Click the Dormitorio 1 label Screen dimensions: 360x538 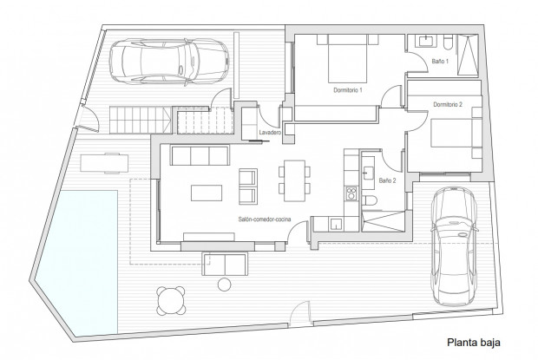point(347,90)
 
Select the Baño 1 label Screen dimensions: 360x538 point(439,62)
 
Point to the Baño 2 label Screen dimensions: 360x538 point(387,180)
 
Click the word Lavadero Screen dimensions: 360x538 point(270,132)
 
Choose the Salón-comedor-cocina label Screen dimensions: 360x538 point(265,221)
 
